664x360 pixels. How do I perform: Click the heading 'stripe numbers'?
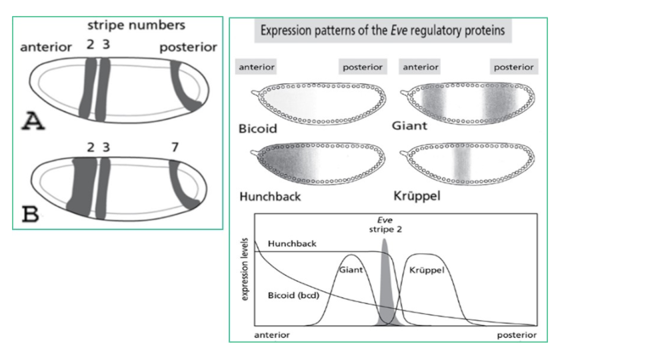[136, 26]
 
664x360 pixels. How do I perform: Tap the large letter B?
[33, 215]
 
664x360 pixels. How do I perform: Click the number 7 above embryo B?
[175, 146]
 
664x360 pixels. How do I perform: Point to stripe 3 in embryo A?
[103, 90]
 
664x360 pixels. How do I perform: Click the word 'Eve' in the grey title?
[381, 30]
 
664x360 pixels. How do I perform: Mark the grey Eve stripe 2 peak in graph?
[385, 287]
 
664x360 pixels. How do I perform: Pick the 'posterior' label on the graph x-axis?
[515, 335]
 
